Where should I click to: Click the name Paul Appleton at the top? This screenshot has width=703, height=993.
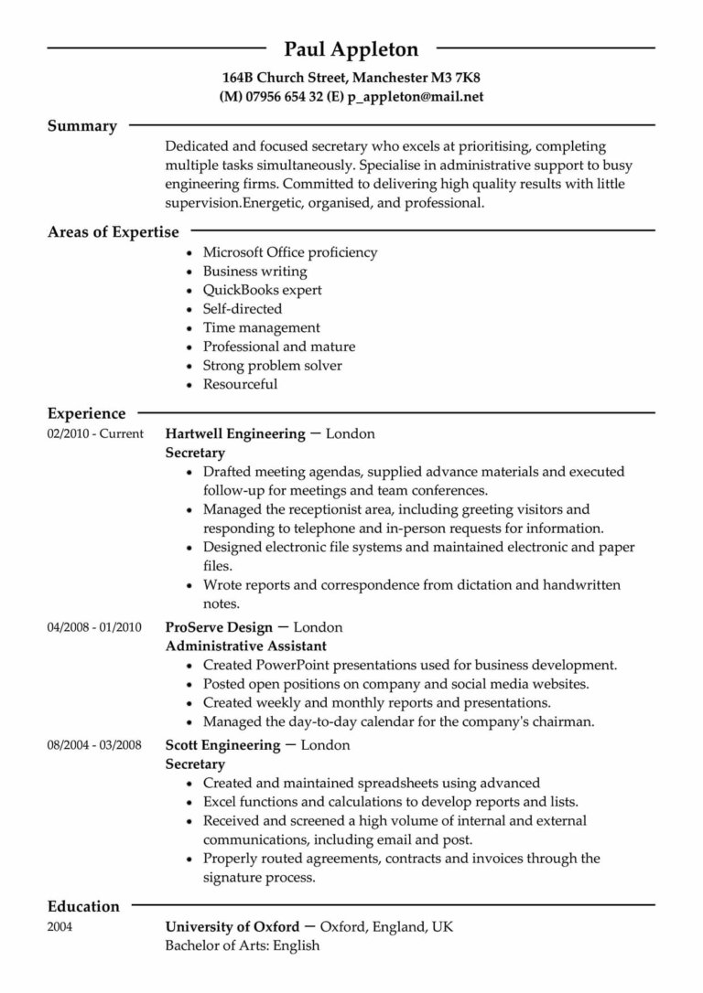351,48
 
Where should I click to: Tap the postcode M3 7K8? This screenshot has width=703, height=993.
455,78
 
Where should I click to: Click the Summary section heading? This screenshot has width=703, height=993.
82,126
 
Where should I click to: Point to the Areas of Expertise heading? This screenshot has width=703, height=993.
114,232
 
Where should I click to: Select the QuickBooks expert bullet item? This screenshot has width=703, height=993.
263,290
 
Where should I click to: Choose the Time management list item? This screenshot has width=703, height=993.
261,327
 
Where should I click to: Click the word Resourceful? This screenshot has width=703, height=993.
240,384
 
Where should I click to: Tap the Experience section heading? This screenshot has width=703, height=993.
87,414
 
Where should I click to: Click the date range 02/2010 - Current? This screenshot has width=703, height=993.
94,434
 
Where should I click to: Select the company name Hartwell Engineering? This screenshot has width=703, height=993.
235,434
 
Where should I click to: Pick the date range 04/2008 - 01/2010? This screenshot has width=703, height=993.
94,627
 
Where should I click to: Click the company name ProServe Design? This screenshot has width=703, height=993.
219,627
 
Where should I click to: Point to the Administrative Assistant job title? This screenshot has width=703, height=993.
242,646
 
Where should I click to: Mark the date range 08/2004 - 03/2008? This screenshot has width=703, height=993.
94,745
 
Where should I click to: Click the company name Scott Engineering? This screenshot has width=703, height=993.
222,745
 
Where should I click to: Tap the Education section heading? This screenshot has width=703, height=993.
83,907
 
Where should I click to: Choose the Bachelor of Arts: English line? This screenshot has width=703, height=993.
243,945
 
